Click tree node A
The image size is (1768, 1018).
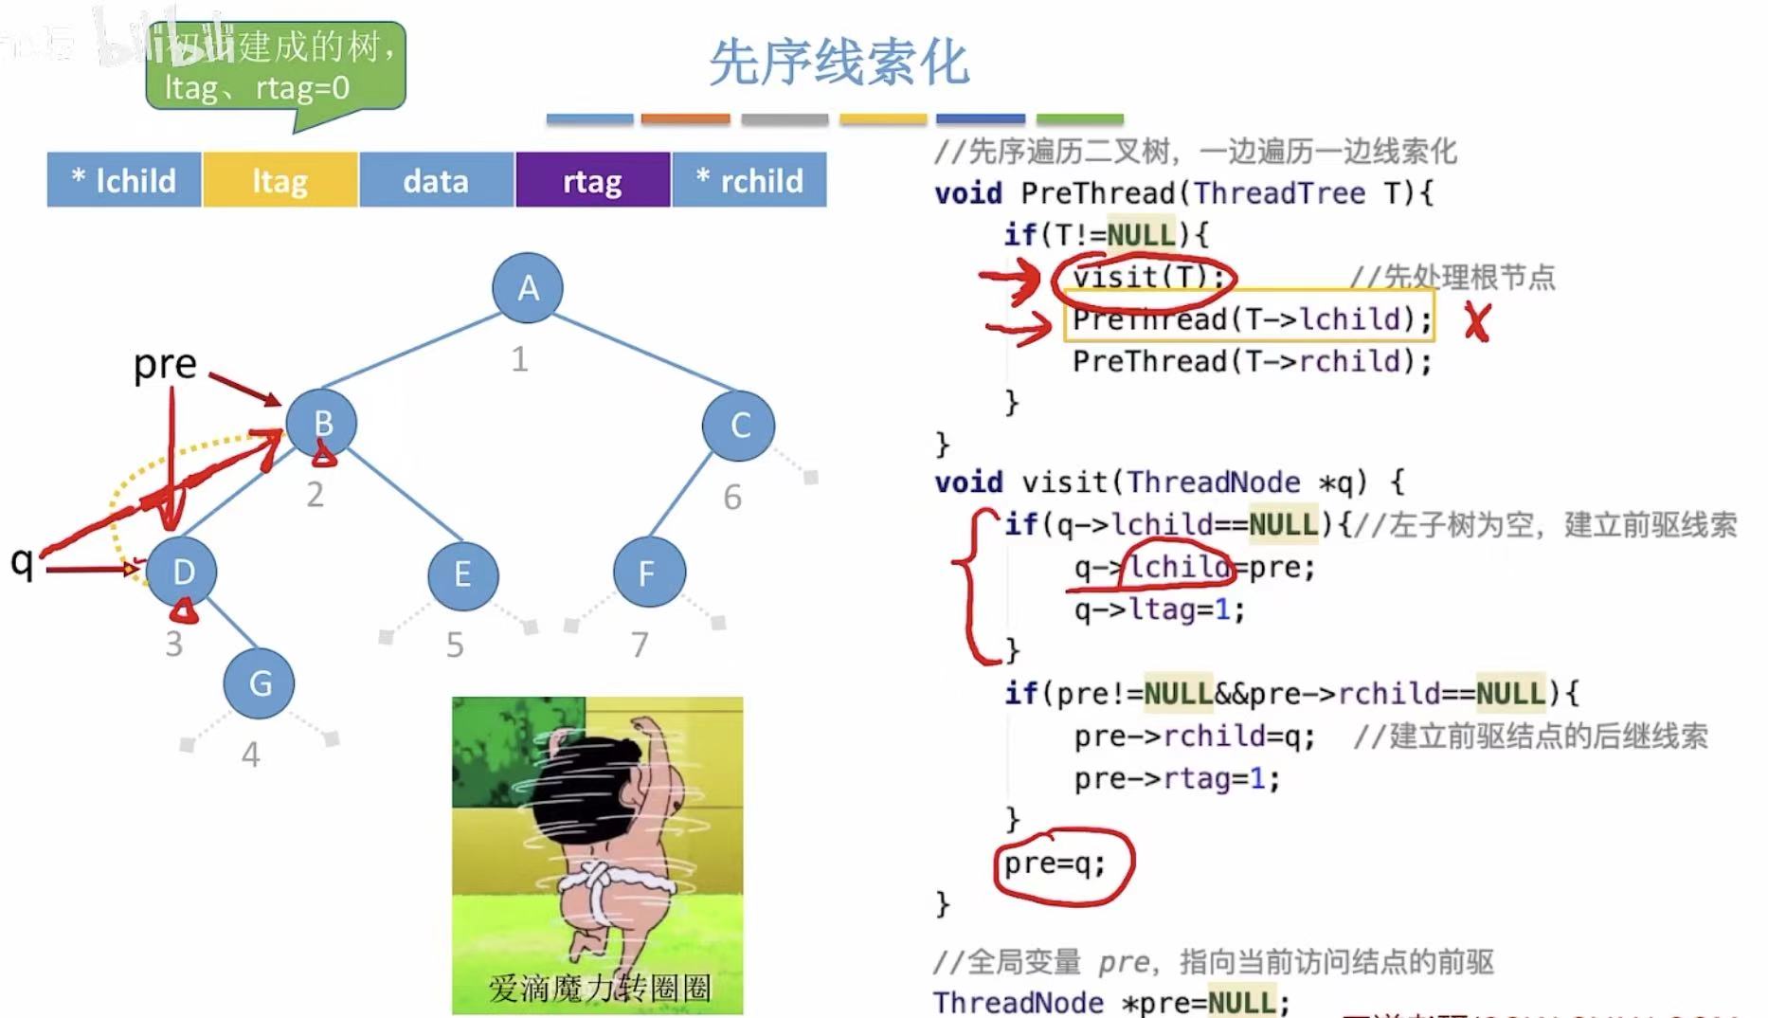(x=528, y=287)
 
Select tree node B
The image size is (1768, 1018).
(x=322, y=423)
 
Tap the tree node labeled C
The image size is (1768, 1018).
(x=739, y=426)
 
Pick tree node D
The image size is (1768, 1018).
(x=183, y=572)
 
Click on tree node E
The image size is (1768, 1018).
(x=462, y=574)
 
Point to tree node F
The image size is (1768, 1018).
(x=648, y=573)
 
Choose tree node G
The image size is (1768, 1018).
(x=260, y=683)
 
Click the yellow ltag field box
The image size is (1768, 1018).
(x=280, y=180)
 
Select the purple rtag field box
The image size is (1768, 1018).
(x=593, y=180)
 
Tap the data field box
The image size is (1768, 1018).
(x=436, y=180)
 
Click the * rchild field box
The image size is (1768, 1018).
(x=749, y=180)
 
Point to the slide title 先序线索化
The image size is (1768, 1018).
(x=839, y=63)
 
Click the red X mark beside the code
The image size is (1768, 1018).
(x=1476, y=322)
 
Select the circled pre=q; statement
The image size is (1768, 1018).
(x=1055, y=863)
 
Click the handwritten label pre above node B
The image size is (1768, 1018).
(x=165, y=364)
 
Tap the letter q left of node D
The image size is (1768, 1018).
(x=22, y=561)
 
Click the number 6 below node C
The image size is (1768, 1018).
(x=732, y=498)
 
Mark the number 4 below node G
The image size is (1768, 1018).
(x=250, y=754)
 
